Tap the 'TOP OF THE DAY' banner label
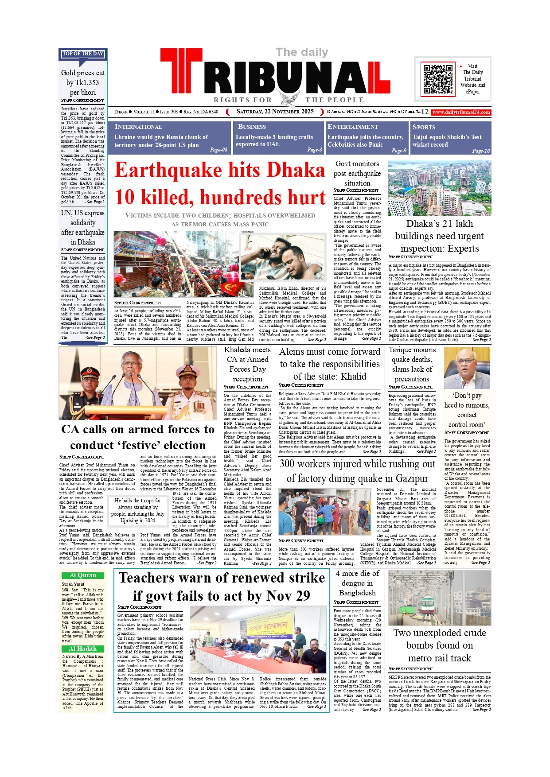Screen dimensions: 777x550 [83, 54]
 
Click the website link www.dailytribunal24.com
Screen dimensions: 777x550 [461, 112]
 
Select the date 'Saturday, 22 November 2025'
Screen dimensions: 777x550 [275, 112]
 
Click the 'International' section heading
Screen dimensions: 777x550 [138, 127]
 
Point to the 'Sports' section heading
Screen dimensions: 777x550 [424, 127]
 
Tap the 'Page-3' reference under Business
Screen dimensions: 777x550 [315, 150]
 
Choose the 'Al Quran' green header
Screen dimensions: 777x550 [83, 575]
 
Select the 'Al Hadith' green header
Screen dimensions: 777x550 [83, 649]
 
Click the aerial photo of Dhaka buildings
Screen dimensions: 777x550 [439, 188]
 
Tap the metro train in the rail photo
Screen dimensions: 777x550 [426, 606]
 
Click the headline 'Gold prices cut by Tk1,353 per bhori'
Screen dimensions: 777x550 [83, 82]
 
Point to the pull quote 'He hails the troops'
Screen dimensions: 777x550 [137, 510]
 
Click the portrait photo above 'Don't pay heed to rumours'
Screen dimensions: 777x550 [467, 368]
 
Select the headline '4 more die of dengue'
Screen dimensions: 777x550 [357, 583]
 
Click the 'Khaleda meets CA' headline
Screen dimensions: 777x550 [247, 364]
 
